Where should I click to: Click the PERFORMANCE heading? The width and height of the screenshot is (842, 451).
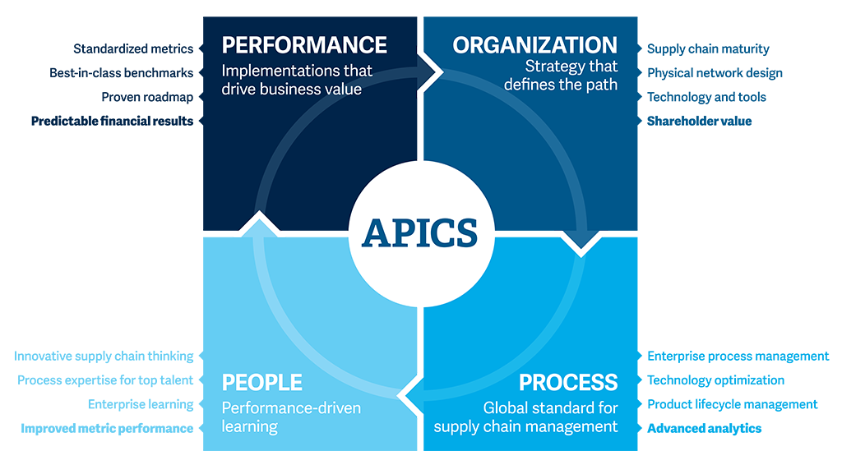click(x=304, y=44)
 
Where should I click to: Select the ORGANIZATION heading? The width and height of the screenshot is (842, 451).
click(x=534, y=44)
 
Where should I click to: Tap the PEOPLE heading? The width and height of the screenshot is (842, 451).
click(x=261, y=382)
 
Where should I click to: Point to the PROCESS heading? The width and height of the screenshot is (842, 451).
click(x=568, y=382)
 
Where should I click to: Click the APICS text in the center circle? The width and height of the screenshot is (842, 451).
click(x=420, y=233)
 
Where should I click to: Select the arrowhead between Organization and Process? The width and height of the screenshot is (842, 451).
click(x=581, y=243)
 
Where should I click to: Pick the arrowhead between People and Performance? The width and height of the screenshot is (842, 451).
click(x=258, y=223)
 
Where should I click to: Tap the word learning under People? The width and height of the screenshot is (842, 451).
click(x=250, y=426)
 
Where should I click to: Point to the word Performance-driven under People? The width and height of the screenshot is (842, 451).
click(x=291, y=407)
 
